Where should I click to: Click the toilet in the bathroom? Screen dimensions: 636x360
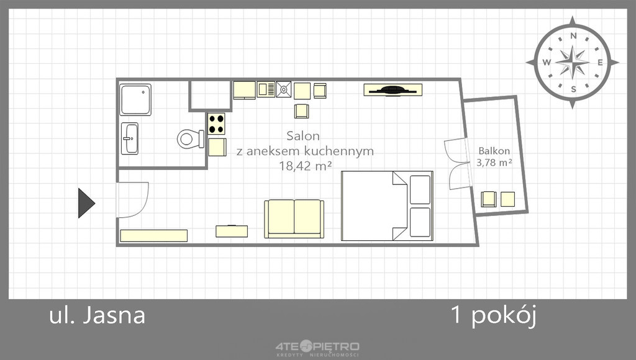(x=191, y=139)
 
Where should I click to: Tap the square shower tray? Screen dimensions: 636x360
(x=135, y=100)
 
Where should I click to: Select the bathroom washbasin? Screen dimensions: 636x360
(x=130, y=138)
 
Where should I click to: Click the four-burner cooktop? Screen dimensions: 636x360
(x=216, y=124)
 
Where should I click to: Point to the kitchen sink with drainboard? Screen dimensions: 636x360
(x=266, y=89)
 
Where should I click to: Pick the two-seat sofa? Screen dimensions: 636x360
(x=294, y=219)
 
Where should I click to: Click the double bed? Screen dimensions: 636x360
(x=387, y=206)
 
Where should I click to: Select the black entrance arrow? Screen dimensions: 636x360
(x=86, y=203)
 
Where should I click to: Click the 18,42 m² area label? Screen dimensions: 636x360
(x=306, y=165)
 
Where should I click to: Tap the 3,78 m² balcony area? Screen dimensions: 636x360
(x=494, y=163)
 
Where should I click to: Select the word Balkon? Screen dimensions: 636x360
(x=494, y=151)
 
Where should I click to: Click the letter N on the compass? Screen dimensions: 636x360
(x=573, y=36)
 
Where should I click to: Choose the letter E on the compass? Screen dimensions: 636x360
(x=600, y=63)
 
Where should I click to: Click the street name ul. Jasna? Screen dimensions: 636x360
(x=97, y=315)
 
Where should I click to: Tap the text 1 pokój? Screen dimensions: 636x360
(x=494, y=315)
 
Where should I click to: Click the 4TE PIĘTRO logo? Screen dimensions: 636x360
(x=317, y=349)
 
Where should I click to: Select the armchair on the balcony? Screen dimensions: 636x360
(x=488, y=199)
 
